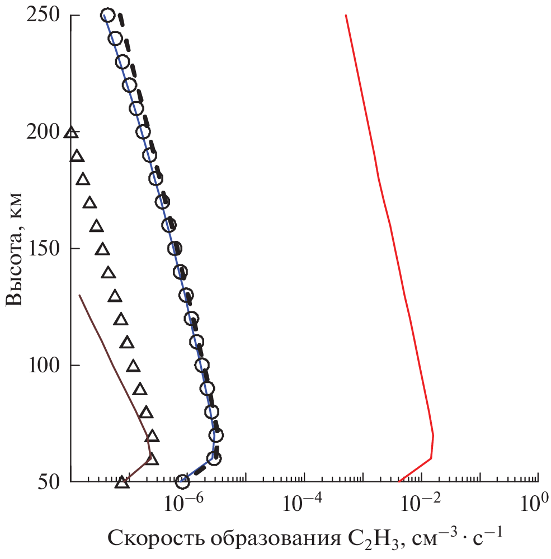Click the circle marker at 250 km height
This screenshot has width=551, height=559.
pyautogui.click(x=108, y=15)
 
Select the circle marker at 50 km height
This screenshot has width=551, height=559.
pyautogui.click(x=182, y=481)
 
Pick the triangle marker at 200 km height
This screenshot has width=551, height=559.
pyautogui.click(x=70, y=133)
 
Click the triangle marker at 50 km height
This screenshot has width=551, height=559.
pyautogui.click(x=121, y=482)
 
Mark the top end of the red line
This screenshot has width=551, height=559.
pyautogui.click(x=346, y=15)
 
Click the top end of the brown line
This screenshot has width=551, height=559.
pyautogui.click(x=79, y=295)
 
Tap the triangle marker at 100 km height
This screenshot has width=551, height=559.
pyautogui.click(x=133, y=366)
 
